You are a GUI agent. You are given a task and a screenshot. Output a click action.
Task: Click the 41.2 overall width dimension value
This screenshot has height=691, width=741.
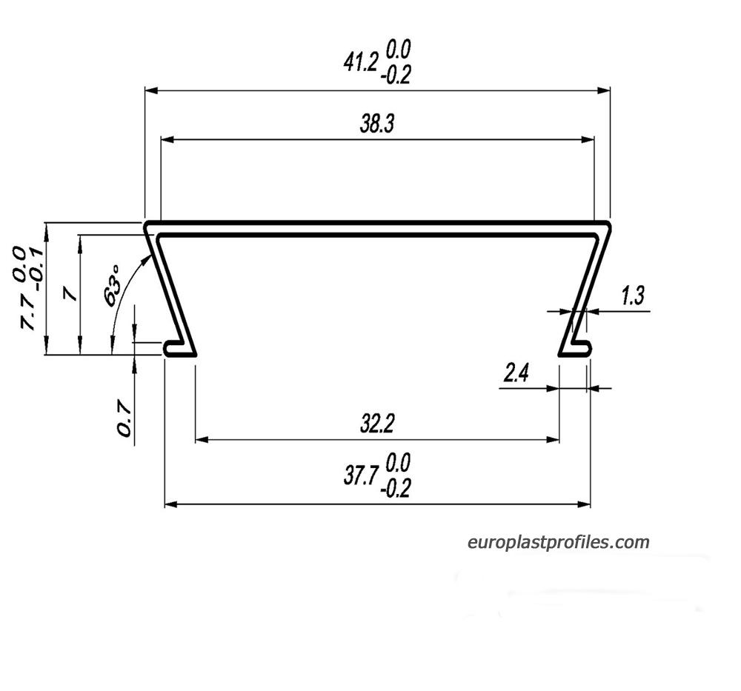click(x=361, y=62)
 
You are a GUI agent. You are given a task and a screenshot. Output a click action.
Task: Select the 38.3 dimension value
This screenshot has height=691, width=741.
click(x=376, y=124)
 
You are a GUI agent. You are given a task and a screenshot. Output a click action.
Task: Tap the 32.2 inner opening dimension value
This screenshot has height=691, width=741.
click(x=376, y=424)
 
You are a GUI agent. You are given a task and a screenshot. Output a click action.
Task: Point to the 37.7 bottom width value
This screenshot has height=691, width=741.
click(x=361, y=476)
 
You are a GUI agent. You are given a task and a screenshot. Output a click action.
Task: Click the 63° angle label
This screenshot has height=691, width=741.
click(x=112, y=286)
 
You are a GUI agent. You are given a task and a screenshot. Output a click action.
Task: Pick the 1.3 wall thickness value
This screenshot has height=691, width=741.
click(x=632, y=296)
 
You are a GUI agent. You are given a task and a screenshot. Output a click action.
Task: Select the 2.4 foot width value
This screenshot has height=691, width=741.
click(x=516, y=374)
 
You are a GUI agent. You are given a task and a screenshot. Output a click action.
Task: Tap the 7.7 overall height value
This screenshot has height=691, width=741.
click(x=27, y=312)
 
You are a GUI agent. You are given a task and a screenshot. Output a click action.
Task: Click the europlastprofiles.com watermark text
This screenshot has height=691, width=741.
click(x=558, y=542)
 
